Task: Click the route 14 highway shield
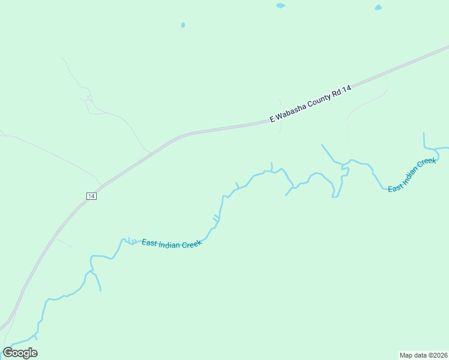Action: (91, 196)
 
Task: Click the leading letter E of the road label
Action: (272, 119)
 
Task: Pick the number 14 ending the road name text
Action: (347, 89)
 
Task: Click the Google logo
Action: (20, 353)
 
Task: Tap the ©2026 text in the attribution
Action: (437, 355)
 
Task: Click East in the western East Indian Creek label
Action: (149, 242)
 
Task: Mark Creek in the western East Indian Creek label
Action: (191, 244)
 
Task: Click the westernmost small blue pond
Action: (183, 25)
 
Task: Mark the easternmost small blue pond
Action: (378, 7)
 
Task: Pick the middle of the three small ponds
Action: (280, 5)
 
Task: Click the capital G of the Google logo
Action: (8, 353)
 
